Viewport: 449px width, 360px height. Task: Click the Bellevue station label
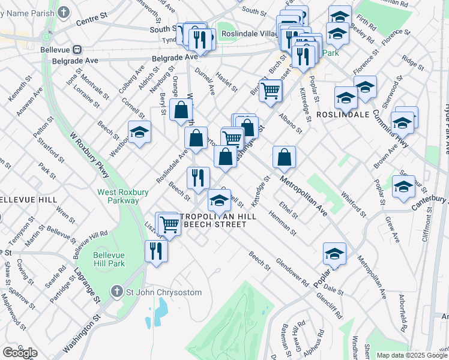tap(56, 49)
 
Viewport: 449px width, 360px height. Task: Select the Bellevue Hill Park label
tap(109, 259)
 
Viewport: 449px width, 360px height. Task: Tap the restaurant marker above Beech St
tap(197, 177)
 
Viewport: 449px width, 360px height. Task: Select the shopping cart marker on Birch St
tap(271, 91)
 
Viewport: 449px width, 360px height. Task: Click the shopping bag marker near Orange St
tap(181, 110)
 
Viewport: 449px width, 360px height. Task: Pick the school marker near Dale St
tap(335, 254)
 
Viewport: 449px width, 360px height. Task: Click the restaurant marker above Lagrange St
tap(156, 251)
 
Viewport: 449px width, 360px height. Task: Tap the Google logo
tap(20, 352)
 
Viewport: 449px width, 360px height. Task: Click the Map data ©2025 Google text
tap(411, 355)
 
